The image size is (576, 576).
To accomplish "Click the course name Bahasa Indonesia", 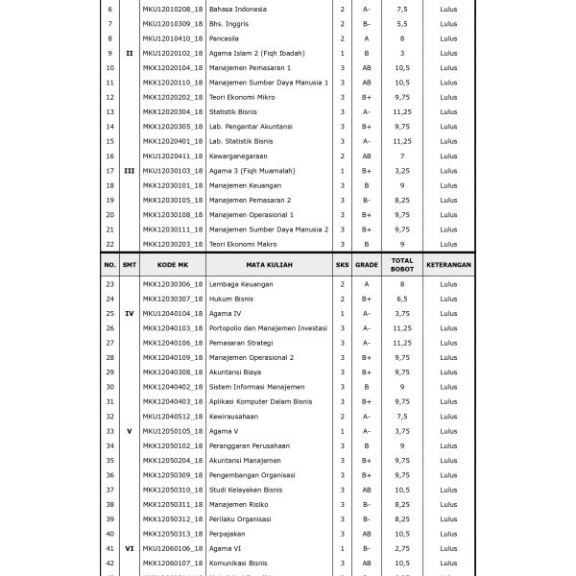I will [239, 9].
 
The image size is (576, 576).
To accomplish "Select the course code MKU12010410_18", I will [173, 38].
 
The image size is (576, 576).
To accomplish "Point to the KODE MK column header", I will [173, 265].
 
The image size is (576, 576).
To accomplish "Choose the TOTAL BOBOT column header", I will [402, 265].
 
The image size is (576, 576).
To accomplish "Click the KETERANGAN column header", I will [449, 265].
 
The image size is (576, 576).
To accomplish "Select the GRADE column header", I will [367, 265].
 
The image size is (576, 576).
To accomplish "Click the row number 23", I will [109, 284].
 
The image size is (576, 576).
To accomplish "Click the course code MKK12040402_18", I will [173, 387].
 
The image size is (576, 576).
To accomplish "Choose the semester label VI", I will [130, 548].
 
